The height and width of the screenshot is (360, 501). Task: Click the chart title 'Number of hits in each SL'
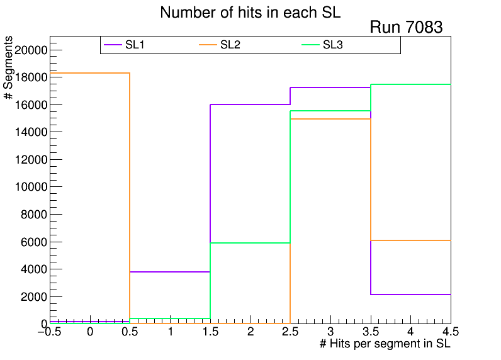[250, 13]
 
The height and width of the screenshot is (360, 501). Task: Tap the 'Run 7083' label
[406, 28]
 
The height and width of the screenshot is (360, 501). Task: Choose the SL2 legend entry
[230, 45]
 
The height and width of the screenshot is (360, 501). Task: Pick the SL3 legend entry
[332, 45]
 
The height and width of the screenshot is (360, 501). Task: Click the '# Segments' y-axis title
[9, 68]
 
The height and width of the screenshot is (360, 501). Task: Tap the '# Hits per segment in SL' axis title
[385, 344]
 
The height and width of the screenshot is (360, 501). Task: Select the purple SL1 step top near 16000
[250, 104]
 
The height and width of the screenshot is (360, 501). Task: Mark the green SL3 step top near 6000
[250, 243]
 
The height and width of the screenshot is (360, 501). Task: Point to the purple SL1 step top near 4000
[170, 272]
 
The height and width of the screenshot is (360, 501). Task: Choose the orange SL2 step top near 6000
[410, 240]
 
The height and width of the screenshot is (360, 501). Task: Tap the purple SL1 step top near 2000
[410, 295]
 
